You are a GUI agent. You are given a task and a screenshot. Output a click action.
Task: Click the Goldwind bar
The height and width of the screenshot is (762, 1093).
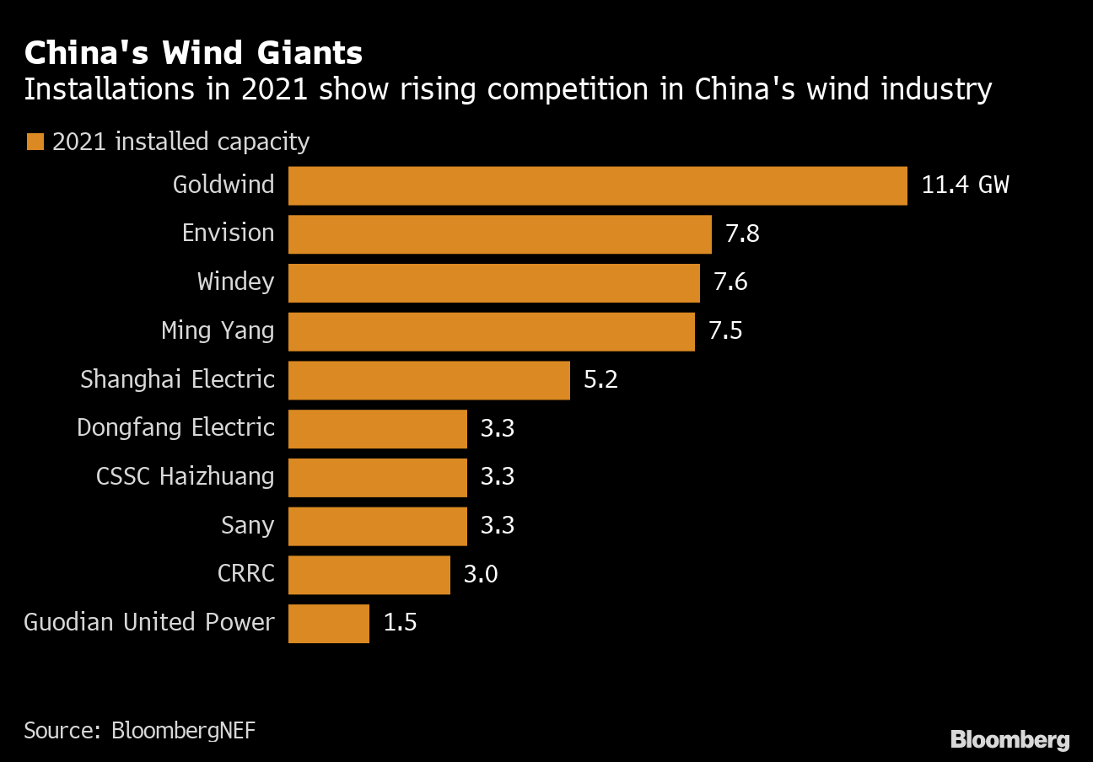597,185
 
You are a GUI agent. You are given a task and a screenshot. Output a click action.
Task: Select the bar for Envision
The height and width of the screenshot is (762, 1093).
499,234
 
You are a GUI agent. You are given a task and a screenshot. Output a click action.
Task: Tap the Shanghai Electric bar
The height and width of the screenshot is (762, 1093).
428,380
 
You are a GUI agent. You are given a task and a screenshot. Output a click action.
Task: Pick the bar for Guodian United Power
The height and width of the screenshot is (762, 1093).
328,624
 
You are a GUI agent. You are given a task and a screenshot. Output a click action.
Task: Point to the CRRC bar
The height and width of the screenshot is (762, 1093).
369,575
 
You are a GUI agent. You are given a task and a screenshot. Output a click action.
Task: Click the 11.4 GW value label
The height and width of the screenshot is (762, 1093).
965,185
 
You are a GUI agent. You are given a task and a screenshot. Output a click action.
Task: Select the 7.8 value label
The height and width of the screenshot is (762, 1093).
742,233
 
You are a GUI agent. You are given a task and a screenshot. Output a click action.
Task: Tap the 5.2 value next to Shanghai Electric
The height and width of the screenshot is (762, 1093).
600,380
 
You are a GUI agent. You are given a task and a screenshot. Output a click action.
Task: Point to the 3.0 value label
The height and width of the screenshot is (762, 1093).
481,575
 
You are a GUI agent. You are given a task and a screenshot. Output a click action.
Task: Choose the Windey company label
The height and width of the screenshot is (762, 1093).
235,282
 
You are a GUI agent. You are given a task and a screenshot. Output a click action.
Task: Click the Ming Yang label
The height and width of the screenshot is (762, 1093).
218,330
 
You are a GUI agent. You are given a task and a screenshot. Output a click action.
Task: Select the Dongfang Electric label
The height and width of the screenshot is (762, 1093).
175,428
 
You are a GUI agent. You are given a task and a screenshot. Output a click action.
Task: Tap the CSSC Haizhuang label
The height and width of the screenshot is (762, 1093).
185,477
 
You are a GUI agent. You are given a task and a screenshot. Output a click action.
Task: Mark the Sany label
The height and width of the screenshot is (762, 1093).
247,526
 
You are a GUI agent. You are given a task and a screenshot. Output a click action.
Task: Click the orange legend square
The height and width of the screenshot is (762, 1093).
35,142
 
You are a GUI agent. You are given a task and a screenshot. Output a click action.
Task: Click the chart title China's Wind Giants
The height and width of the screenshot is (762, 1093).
193,54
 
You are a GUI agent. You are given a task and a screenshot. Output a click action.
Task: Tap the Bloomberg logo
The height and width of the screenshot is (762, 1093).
1010,740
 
